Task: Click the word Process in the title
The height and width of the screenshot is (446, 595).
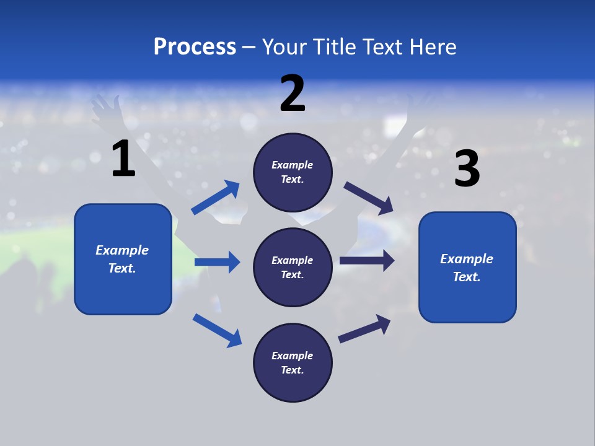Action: pos(195,47)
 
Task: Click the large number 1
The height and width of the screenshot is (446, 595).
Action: pos(123,159)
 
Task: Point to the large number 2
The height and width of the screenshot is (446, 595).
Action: pos(293,94)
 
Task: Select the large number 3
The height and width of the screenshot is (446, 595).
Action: pos(467,169)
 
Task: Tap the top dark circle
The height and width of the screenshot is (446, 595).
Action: pos(293,172)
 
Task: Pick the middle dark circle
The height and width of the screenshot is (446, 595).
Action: pos(293,267)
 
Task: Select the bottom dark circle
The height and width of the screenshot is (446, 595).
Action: pos(293,362)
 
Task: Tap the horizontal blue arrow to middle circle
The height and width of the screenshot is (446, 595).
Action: pos(217,262)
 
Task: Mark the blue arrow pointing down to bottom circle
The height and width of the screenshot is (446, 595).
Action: pos(217,330)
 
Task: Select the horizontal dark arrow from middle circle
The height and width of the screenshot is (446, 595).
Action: pos(366,261)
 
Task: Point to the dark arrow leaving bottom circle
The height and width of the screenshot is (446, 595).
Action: pos(364,328)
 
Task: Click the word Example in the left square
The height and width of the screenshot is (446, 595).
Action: pos(122,250)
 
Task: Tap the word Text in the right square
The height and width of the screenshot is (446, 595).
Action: pos(465,277)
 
